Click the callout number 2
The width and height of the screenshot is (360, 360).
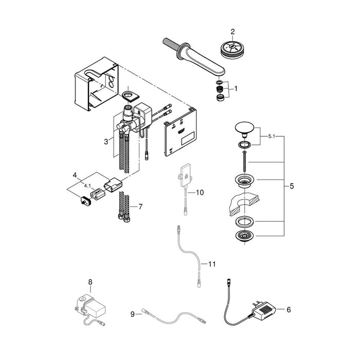[232, 32]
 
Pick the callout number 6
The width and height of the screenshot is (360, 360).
[288, 310]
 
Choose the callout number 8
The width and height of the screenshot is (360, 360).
[90, 282]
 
